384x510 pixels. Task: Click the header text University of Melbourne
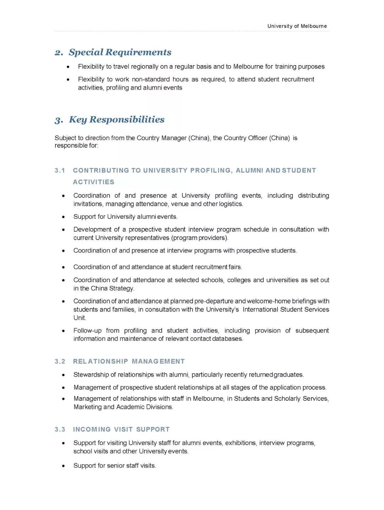click(x=297, y=26)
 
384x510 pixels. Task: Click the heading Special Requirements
click(x=120, y=52)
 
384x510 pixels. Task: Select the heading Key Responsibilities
click(x=117, y=119)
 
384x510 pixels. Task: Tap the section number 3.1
click(x=60, y=170)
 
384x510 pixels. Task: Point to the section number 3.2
click(x=60, y=361)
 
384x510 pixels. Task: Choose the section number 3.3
click(x=60, y=429)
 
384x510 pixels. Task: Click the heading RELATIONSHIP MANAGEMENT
click(x=129, y=361)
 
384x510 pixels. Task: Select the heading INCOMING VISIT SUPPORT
click(x=121, y=429)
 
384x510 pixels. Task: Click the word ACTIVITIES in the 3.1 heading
click(x=94, y=182)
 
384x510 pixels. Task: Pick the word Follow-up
click(x=87, y=330)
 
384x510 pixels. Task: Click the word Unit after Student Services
click(x=79, y=318)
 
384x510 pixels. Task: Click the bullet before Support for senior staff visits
click(x=63, y=466)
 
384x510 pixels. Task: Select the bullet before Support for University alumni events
click(x=63, y=217)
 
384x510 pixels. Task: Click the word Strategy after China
click(x=122, y=288)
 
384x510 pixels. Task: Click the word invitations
click(x=88, y=204)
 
